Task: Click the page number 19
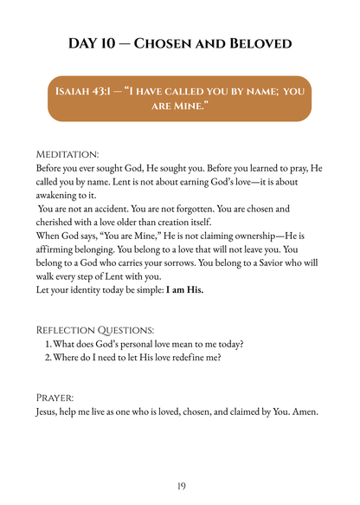tap(180, 486)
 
